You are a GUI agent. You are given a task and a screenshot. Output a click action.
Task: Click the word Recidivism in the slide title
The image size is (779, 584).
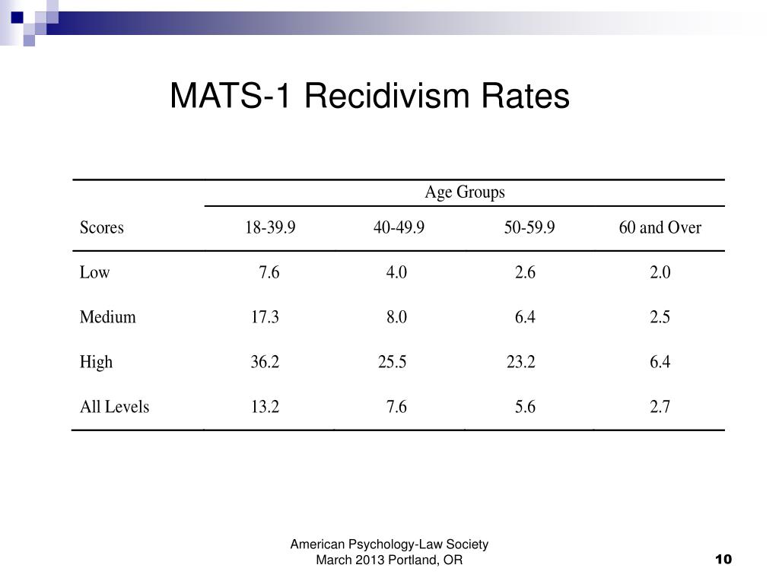(387, 97)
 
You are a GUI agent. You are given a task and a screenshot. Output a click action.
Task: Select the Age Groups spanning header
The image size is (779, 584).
(464, 192)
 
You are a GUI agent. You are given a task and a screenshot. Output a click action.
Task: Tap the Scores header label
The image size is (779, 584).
(101, 227)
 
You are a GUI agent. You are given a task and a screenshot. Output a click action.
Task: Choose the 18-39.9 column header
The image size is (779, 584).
(270, 227)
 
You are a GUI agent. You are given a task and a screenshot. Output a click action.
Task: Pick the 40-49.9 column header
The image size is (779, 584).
(399, 227)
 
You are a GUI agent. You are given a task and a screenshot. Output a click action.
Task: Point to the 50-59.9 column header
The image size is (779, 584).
(529, 227)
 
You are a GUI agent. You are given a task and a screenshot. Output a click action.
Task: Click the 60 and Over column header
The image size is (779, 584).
(660, 227)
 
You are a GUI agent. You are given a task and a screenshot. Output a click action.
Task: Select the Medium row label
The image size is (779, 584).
(107, 317)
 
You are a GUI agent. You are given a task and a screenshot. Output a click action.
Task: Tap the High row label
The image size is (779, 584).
(96, 362)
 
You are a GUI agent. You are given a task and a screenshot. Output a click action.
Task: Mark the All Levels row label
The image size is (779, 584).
(114, 407)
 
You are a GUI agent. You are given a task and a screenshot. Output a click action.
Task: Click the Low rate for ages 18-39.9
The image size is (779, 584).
(269, 272)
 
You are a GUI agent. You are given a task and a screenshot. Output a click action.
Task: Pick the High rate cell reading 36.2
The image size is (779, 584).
(265, 362)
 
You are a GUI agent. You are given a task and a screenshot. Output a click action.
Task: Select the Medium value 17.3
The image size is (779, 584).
(265, 317)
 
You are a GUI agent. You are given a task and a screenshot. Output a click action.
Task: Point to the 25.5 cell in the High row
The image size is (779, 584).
(393, 362)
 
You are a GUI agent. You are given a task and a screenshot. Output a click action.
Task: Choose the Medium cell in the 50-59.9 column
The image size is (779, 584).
(525, 317)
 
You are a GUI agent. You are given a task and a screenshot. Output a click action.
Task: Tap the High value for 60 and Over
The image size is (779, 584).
(660, 362)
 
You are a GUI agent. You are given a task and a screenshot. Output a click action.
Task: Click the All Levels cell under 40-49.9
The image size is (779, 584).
(396, 407)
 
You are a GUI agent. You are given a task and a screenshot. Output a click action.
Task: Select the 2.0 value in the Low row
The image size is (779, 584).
(660, 272)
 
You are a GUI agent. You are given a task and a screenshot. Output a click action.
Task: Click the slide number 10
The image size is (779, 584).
(723, 560)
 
